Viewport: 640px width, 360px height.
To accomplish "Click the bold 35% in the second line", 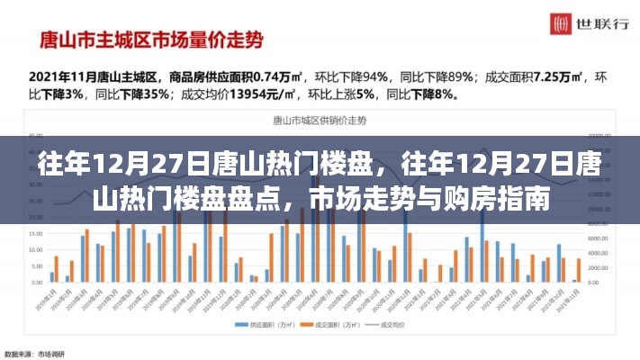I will (134, 93).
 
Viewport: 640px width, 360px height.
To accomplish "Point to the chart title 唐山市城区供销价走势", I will (320, 121).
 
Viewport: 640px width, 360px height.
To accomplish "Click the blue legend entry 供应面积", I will (260, 324).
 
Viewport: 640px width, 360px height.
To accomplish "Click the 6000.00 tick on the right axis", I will (600, 238).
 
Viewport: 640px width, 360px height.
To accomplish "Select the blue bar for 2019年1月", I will (52, 277).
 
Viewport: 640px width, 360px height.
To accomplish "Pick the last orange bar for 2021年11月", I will (577, 270).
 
